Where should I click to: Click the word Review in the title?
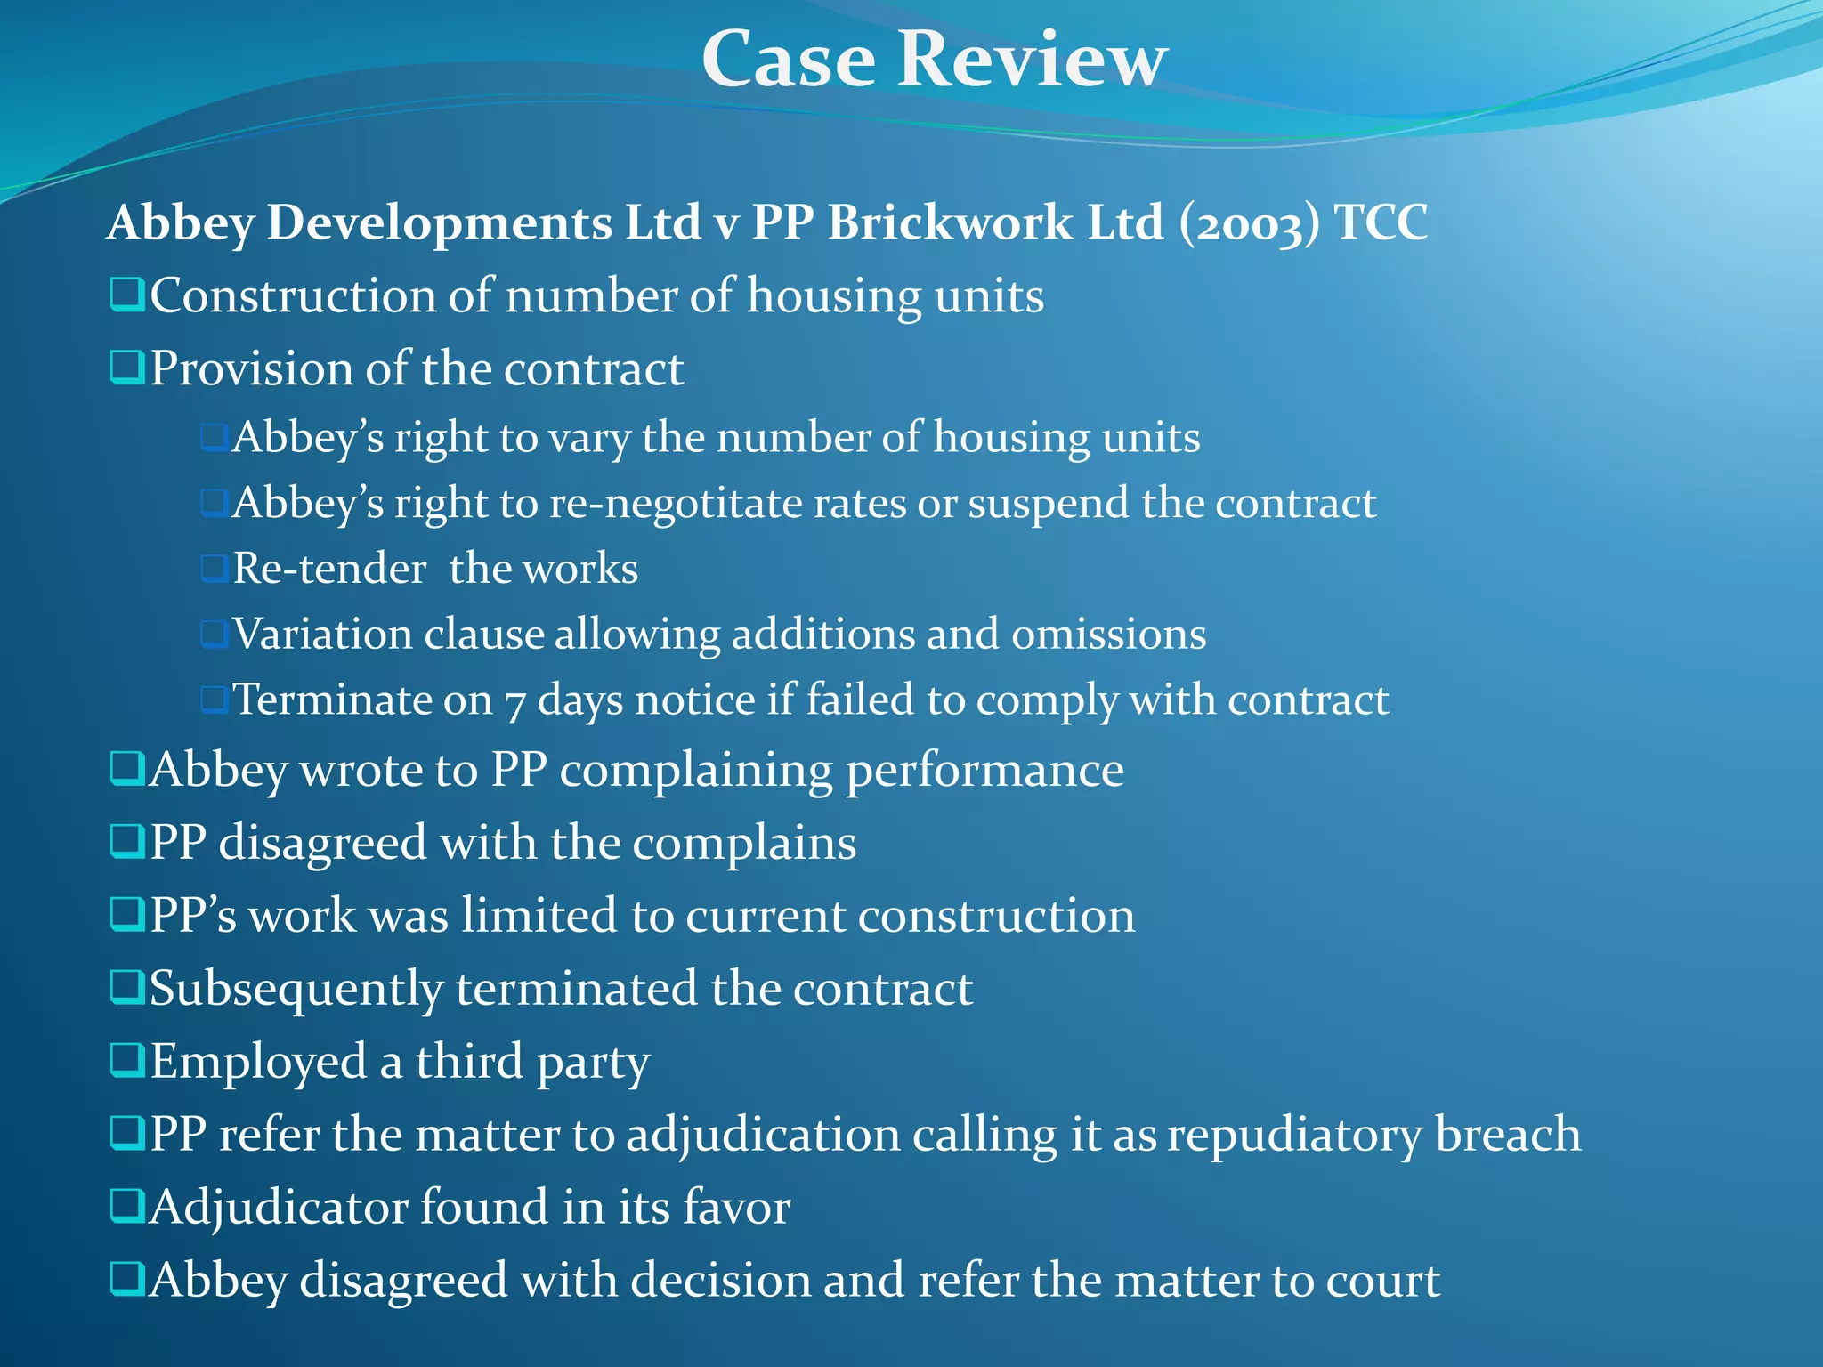pyautogui.click(x=1032, y=60)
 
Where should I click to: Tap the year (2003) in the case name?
pyautogui.click(x=1249, y=223)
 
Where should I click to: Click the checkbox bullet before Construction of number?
pyautogui.click(x=127, y=295)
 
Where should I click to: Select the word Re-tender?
pyautogui.click(x=329, y=569)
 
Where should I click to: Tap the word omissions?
pyautogui.click(x=1108, y=635)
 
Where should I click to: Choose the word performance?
pyautogui.click(x=984, y=771)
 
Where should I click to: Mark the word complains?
pyautogui.click(x=744, y=843)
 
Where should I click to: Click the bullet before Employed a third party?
pyautogui.click(x=127, y=1060)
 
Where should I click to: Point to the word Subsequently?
pyautogui.click(x=296, y=990)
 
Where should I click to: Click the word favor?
pyautogui.click(x=736, y=1208)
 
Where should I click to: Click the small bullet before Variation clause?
pyautogui.click(x=214, y=635)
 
